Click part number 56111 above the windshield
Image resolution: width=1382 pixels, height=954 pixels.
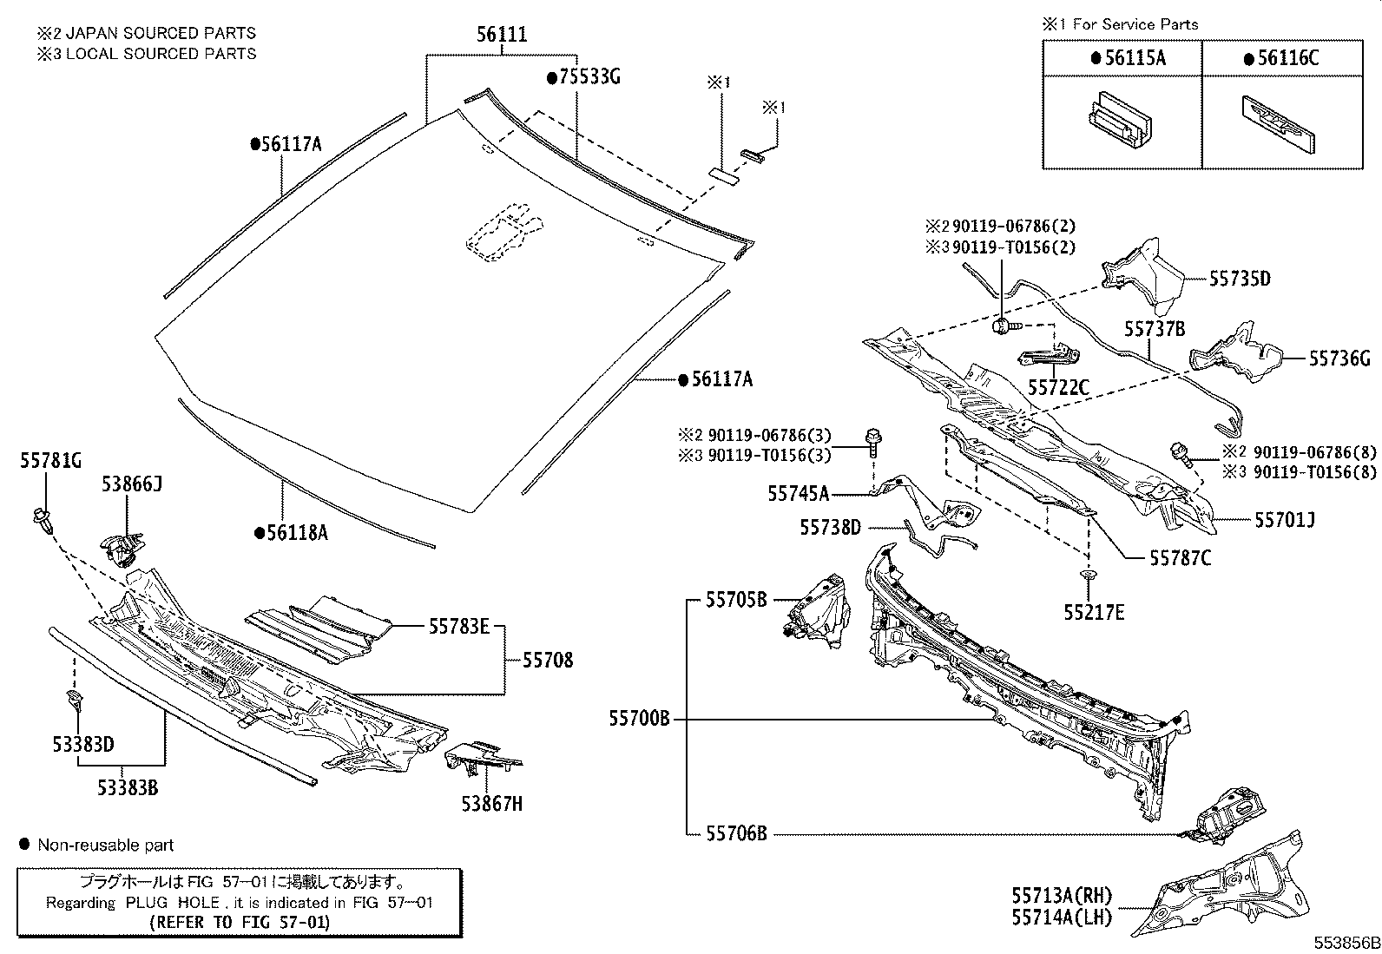pyautogui.click(x=502, y=36)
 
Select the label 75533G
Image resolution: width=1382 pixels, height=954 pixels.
pyautogui.click(x=583, y=78)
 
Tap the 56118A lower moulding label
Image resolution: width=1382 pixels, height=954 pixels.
pyautogui.click(x=291, y=533)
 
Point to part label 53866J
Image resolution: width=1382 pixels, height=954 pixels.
pyautogui.click(x=131, y=484)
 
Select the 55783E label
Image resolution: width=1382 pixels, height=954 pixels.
pyautogui.click(x=458, y=625)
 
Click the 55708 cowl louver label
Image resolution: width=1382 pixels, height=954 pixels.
pyautogui.click(x=548, y=661)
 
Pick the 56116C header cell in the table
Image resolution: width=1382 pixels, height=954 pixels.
pyautogui.click(x=1281, y=58)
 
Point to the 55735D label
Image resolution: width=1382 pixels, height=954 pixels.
pyautogui.click(x=1241, y=279)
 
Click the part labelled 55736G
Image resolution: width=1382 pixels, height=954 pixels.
pyautogui.click(x=1233, y=356)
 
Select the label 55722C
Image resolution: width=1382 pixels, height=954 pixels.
pyautogui.click(x=1058, y=388)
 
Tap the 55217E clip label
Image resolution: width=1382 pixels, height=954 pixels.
pyautogui.click(x=1094, y=613)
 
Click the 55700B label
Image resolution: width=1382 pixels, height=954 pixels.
pyautogui.click(x=639, y=719)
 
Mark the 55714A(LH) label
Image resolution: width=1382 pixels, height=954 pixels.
pyautogui.click(x=1061, y=917)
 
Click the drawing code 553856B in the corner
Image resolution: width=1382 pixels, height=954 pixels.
pyautogui.click(x=1345, y=943)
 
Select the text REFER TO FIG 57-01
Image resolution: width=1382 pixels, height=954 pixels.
pyautogui.click(x=240, y=922)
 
